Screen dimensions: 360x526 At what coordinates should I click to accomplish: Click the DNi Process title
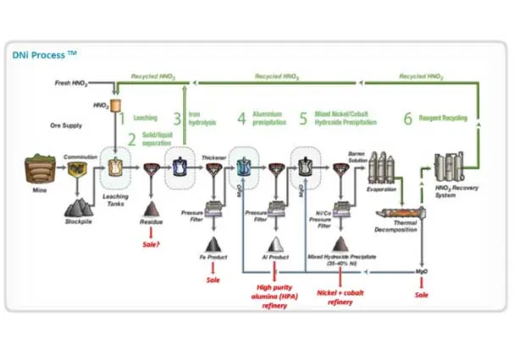(x=45, y=54)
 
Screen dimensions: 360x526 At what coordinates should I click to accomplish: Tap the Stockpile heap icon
(x=80, y=204)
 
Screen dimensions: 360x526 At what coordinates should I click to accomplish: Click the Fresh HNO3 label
(x=69, y=85)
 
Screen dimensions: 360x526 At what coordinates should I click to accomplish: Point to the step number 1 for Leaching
(x=121, y=119)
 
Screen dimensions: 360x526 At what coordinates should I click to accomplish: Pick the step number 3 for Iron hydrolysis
(x=178, y=119)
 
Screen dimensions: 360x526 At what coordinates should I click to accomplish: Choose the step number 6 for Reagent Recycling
(x=407, y=119)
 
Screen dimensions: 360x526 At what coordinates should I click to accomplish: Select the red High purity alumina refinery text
(x=276, y=296)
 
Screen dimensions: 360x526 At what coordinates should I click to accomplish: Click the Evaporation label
(x=383, y=190)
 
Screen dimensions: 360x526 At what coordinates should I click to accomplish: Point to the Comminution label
(x=80, y=156)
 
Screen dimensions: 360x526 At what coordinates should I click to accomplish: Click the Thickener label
(x=214, y=156)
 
